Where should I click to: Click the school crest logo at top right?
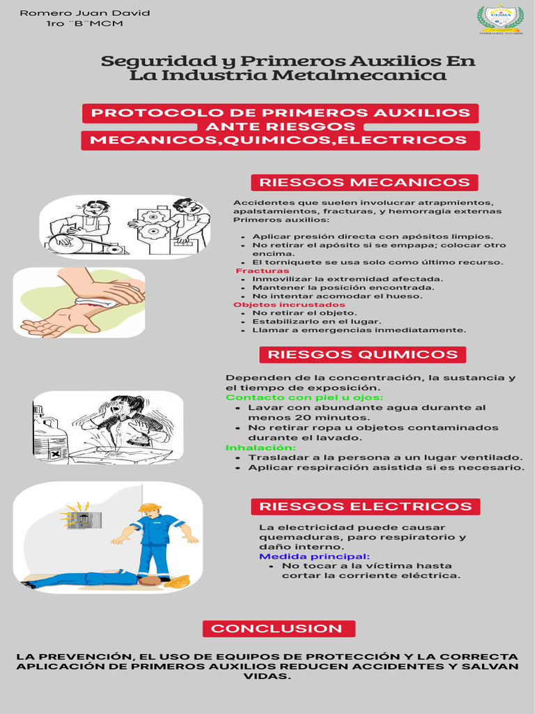[499, 19]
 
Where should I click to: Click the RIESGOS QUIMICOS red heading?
[362, 354]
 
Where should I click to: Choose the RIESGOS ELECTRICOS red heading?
[365, 507]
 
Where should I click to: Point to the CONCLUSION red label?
[277, 629]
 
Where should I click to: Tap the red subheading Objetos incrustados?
[288, 305]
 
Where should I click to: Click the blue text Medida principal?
[314, 556]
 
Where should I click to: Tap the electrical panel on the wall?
[78, 520]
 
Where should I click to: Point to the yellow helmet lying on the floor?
[178, 581]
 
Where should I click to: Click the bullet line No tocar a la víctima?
[366, 566]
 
